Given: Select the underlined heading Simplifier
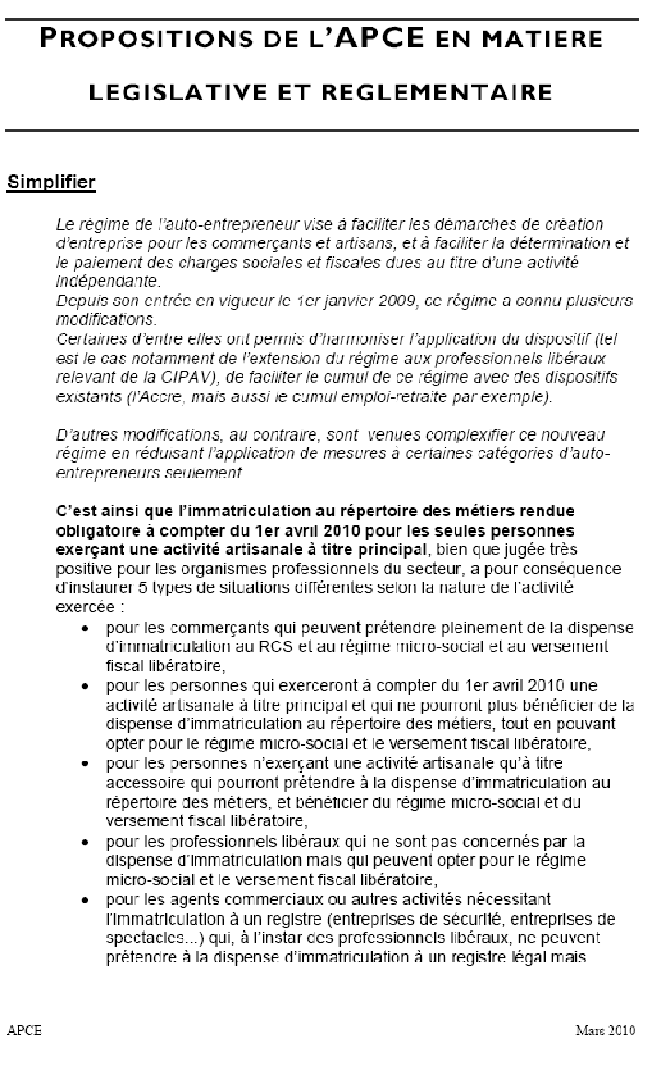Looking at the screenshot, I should [52, 182].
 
